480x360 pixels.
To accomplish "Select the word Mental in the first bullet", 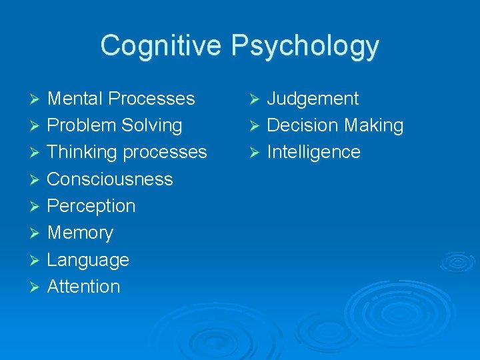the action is [x=75, y=99].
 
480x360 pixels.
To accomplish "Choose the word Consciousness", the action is [x=110, y=179].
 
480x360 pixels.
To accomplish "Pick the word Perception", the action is [x=91, y=206].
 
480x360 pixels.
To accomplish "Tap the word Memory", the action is [x=81, y=233].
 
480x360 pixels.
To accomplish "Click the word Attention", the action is [x=84, y=287].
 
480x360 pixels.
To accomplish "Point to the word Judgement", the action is [x=313, y=99].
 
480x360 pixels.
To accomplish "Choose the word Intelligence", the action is [x=313, y=153].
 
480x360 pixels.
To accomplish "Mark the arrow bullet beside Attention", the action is [x=35, y=287].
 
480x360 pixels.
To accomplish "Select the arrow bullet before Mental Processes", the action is [x=35, y=99].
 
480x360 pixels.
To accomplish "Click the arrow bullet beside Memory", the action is [x=35, y=233].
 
